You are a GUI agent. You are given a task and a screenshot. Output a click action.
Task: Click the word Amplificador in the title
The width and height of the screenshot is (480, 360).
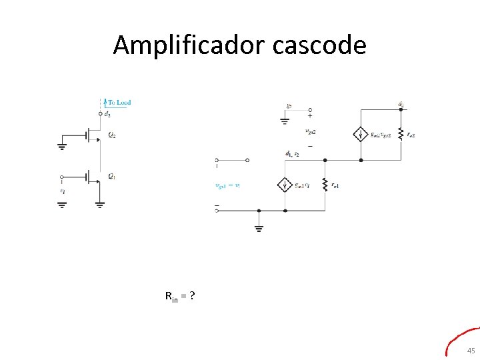pyautogui.click(x=189, y=45)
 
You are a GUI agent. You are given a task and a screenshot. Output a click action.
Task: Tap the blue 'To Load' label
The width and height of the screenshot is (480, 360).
pyautogui.click(x=119, y=102)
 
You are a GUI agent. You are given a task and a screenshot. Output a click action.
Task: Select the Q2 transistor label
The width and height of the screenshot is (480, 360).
pyautogui.click(x=112, y=135)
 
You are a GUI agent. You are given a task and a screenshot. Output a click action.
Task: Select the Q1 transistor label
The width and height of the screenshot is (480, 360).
pyautogui.click(x=112, y=177)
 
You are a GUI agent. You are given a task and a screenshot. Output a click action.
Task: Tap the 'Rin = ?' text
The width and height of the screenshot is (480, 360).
pyautogui.click(x=179, y=295)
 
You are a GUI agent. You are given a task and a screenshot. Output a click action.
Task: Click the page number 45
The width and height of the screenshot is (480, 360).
pyautogui.click(x=471, y=351)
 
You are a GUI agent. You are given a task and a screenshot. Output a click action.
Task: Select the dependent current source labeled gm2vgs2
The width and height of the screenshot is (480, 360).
pyautogui.click(x=360, y=134)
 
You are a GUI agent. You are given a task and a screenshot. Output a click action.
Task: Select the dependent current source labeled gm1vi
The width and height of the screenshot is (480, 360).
pyautogui.click(x=285, y=185)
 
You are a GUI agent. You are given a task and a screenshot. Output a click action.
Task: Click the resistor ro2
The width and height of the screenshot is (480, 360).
pyautogui.click(x=401, y=134)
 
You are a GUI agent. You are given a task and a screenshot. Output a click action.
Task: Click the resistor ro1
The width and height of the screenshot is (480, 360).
pyautogui.click(x=325, y=185)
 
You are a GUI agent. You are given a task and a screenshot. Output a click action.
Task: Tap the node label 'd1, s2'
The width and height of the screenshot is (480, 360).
pyautogui.click(x=291, y=153)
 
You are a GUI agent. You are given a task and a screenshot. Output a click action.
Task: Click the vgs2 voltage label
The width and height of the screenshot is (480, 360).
pyautogui.click(x=310, y=131)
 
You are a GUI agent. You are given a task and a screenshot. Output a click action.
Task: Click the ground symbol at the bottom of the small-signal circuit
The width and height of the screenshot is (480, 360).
pyautogui.click(x=259, y=228)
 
